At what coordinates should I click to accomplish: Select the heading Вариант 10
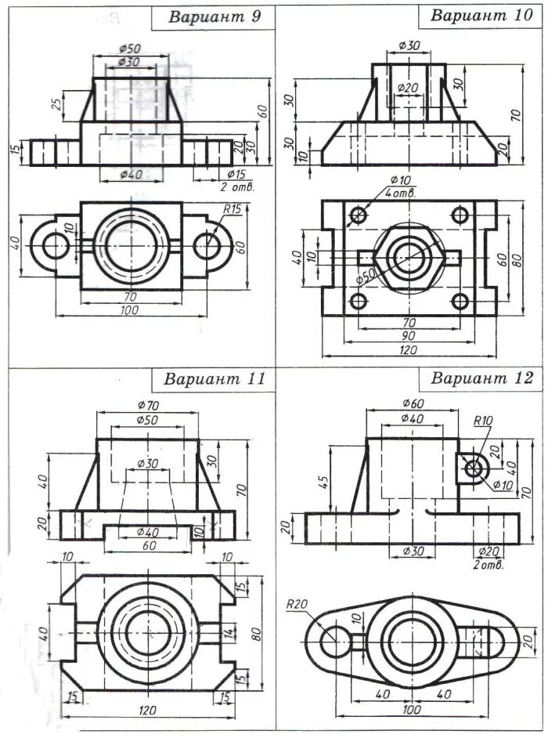pos(481,16)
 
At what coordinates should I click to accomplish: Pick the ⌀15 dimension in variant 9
pos(236,173)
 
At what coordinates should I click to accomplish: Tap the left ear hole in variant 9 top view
pos(56,246)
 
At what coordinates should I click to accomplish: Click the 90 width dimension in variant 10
pos(408,335)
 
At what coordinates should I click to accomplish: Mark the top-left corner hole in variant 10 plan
pos(359,214)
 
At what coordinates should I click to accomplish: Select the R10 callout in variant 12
pos(482,421)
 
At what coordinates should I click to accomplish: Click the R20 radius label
pos(296,604)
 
